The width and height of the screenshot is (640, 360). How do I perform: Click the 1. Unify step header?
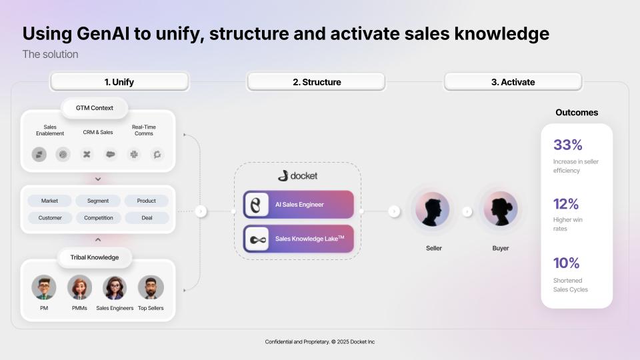[119, 82]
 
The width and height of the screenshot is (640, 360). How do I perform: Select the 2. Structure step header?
[316, 82]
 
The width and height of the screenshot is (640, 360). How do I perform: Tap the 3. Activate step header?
[513, 82]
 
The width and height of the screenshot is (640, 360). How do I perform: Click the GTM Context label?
[94, 108]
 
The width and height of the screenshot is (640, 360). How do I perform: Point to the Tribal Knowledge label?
[94, 257]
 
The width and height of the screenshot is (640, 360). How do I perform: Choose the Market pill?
[50, 201]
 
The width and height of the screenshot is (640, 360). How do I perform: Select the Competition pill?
[98, 218]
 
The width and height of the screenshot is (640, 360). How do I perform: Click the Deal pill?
[147, 218]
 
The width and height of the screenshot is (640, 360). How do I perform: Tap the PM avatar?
[44, 287]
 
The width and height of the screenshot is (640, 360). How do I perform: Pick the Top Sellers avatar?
[151, 287]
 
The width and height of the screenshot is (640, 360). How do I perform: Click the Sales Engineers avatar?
[115, 287]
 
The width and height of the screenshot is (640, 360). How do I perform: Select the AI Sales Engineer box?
[298, 205]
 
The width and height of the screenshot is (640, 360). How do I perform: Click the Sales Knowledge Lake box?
[298, 238]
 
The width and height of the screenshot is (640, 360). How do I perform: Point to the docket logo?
[297, 176]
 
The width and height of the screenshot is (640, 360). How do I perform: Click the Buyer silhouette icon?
[500, 210]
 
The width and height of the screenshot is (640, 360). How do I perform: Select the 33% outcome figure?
[567, 145]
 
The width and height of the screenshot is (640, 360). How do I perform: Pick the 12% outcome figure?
[566, 204]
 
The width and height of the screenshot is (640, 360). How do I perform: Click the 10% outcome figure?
[566, 263]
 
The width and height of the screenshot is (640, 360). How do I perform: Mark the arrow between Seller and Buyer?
[467, 211]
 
